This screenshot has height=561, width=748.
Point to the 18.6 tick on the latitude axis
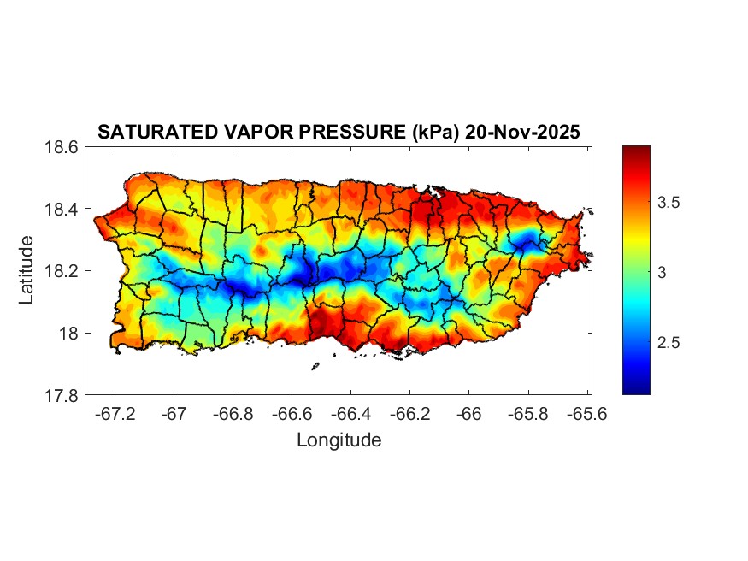tap(63, 147)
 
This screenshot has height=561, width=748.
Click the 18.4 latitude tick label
tap(63, 210)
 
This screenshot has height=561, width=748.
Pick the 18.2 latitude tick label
tap(63, 271)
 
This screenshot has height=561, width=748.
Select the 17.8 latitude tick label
tap(63, 396)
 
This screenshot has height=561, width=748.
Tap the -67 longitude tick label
tap(174, 414)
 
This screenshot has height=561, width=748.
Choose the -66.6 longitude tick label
tap(291, 414)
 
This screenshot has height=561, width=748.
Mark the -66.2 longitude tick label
tap(409, 414)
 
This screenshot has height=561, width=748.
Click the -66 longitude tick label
tap(468, 414)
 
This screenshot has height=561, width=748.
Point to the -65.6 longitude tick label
tap(586, 414)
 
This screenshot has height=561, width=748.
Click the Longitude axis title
tap(339, 440)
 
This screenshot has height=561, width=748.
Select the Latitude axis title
tap(27, 270)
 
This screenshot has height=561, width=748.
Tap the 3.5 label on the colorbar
tap(668, 204)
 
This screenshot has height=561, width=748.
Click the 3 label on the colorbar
tap(662, 273)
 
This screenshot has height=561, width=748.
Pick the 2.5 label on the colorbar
tap(668, 343)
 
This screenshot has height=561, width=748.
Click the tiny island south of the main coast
tap(315, 367)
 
